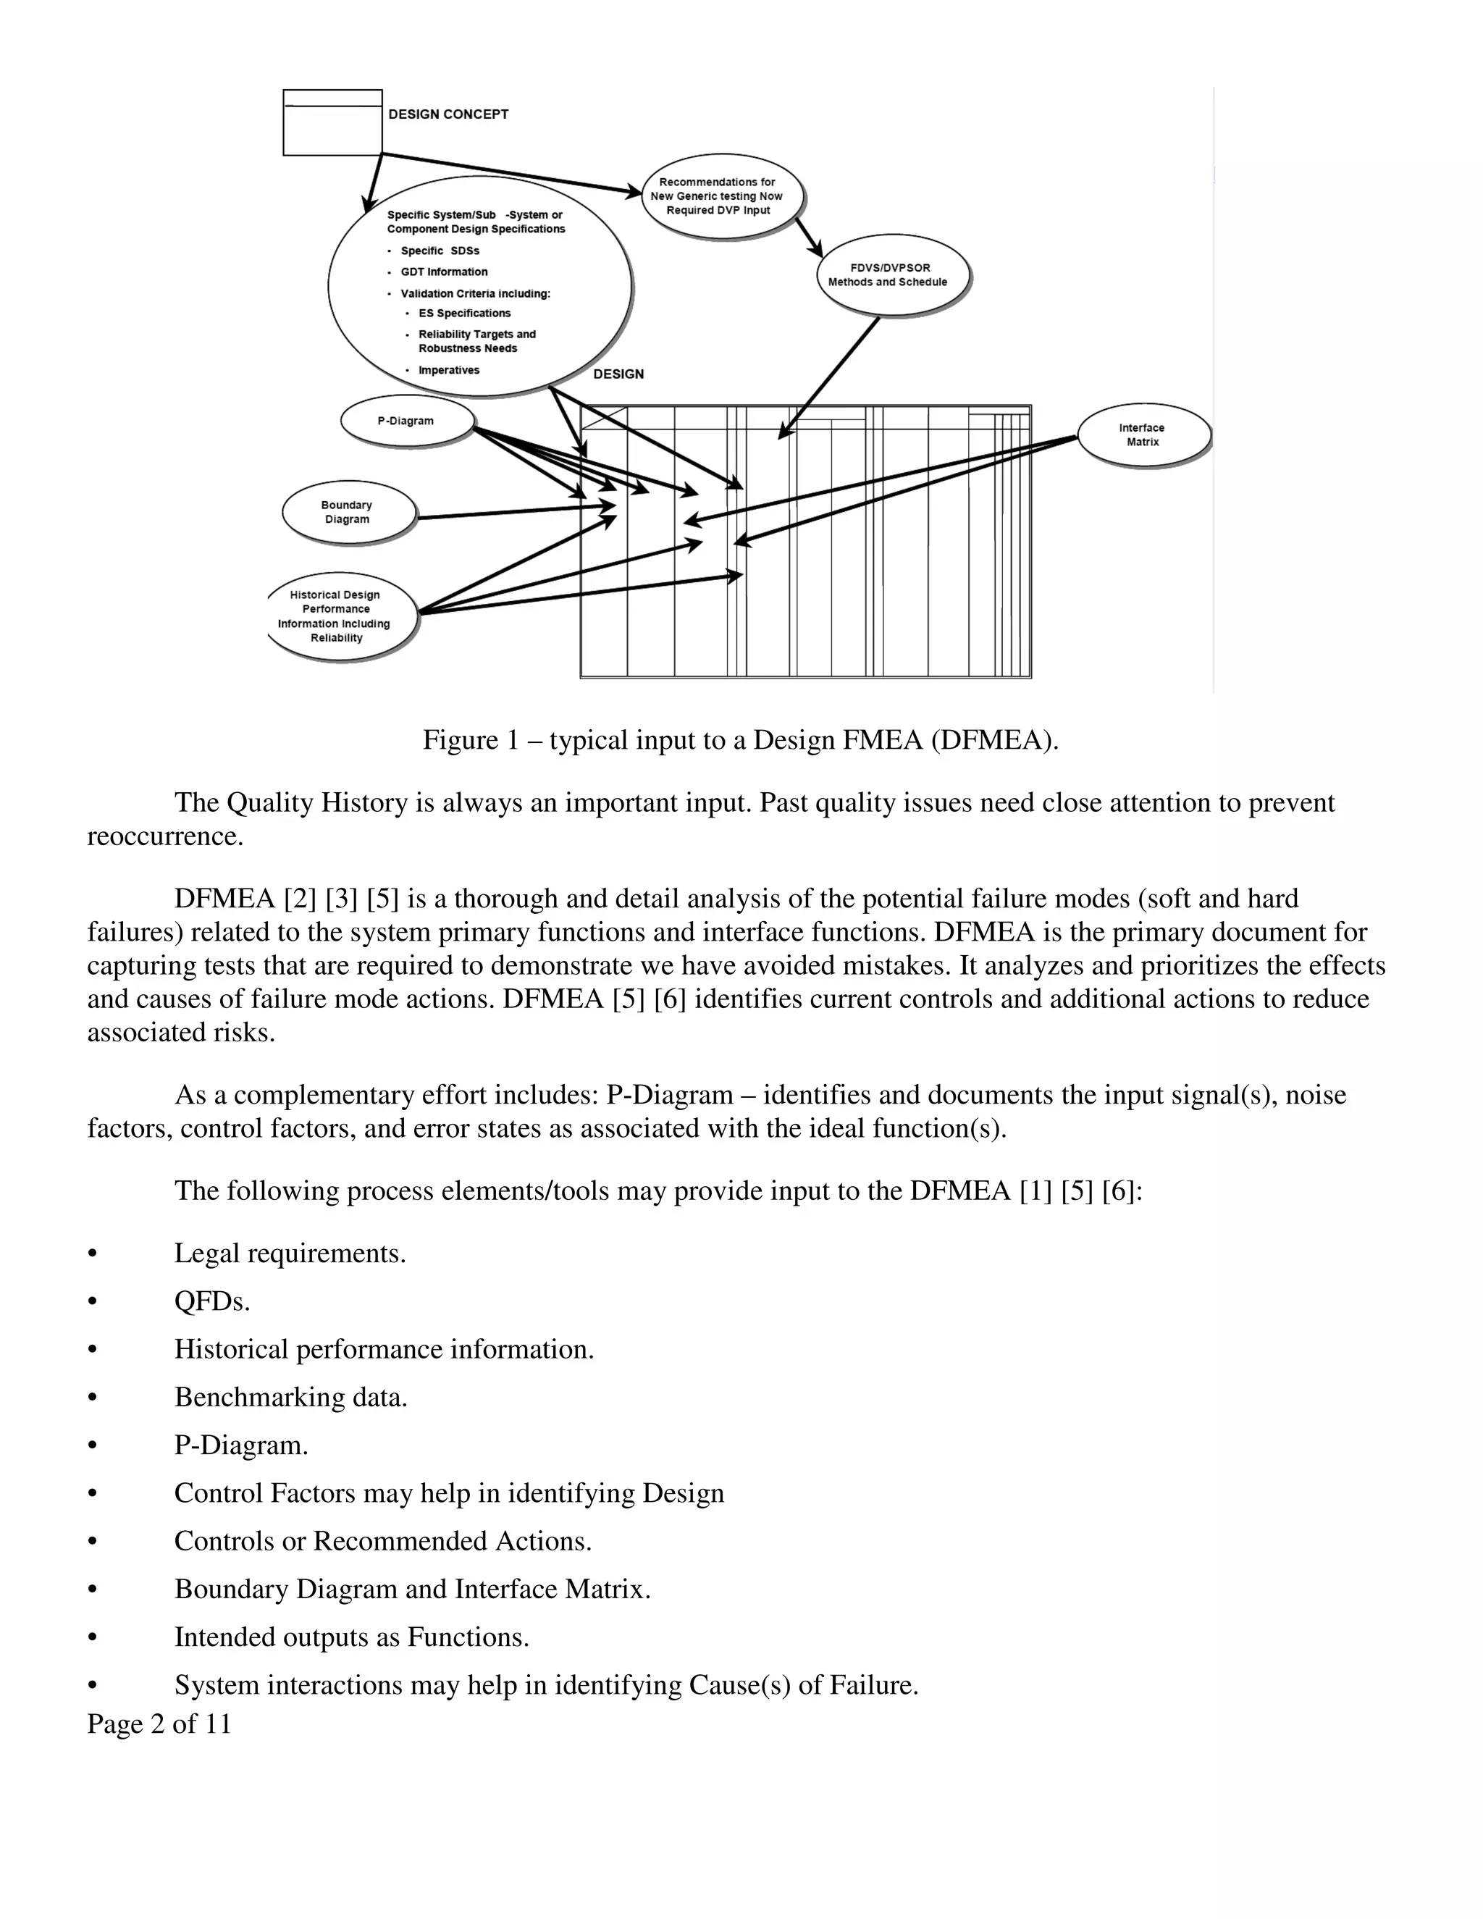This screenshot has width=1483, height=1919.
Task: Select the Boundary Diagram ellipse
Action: pos(348,513)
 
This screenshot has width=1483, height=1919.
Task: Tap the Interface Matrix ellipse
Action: pos(1142,435)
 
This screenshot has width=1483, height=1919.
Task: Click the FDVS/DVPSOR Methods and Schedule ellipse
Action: pos(889,275)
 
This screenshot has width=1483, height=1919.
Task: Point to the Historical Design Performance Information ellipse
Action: pos(337,617)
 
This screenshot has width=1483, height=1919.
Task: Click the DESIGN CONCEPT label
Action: pos(448,114)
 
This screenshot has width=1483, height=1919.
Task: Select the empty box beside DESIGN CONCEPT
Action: pos(332,123)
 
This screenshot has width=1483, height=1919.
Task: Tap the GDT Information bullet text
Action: pos(444,272)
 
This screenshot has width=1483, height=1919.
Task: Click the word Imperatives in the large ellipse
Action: pos(448,371)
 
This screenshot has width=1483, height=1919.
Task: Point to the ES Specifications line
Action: pos(464,314)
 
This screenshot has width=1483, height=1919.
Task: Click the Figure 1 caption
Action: pos(741,740)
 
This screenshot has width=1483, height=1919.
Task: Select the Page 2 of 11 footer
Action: pos(159,1724)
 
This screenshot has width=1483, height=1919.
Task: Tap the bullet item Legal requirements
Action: pos(290,1253)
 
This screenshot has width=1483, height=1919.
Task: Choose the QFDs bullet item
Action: pos(211,1301)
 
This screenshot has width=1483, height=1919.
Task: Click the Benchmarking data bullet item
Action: pos(291,1397)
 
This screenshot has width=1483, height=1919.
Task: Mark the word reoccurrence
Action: pos(164,836)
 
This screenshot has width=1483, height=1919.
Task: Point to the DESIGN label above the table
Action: pos(618,374)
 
